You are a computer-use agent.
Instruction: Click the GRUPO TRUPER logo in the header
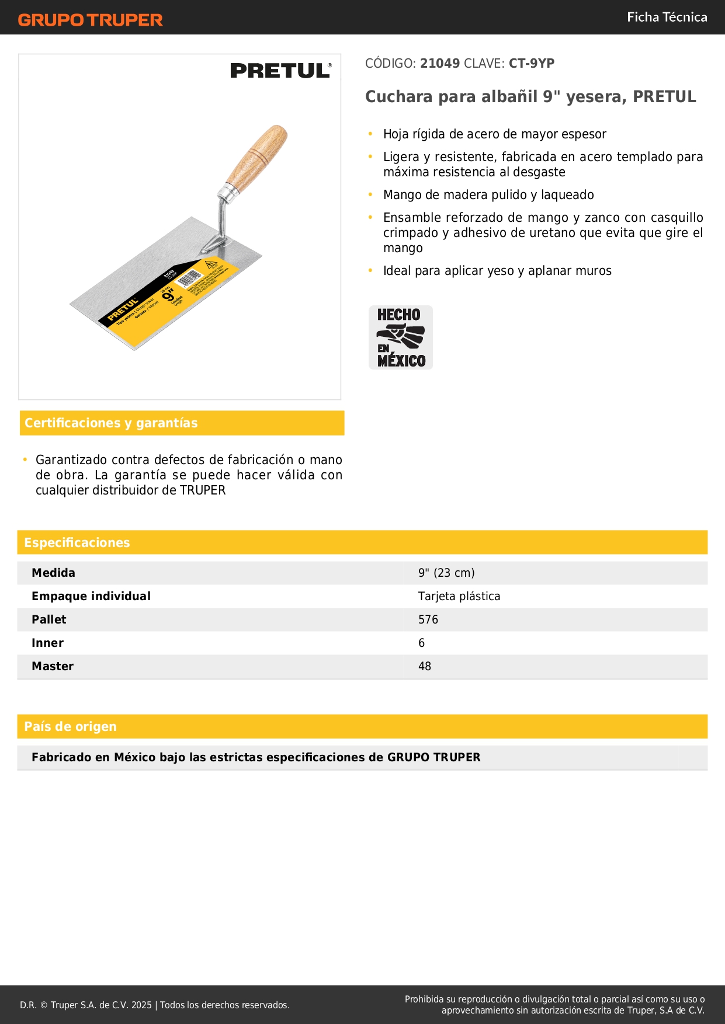click(x=90, y=20)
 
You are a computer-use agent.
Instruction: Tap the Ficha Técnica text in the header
click(x=667, y=17)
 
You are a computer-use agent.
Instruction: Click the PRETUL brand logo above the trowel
click(x=280, y=71)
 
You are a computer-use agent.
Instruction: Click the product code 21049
click(x=440, y=64)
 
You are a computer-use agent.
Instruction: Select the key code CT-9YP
click(x=531, y=64)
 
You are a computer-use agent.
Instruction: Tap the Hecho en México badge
click(x=401, y=337)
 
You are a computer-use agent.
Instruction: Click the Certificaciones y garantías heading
click(x=111, y=423)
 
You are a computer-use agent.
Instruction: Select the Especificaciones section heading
click(x=77, y=543)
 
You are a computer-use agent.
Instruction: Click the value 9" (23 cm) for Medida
click(x=446, y=573)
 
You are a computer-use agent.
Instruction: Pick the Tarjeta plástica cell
click(x=459, y=596)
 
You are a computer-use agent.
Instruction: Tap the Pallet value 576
click(x=428, y=619)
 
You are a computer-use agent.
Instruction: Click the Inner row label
click(x=48, y=643)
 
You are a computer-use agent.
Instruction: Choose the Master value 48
click(x=425, y=666)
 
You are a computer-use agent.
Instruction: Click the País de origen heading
click(x=70, y=727)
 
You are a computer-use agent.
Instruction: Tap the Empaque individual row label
click(x=91, y=596)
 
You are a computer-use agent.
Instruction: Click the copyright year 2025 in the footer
click(x=141, y=1005)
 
